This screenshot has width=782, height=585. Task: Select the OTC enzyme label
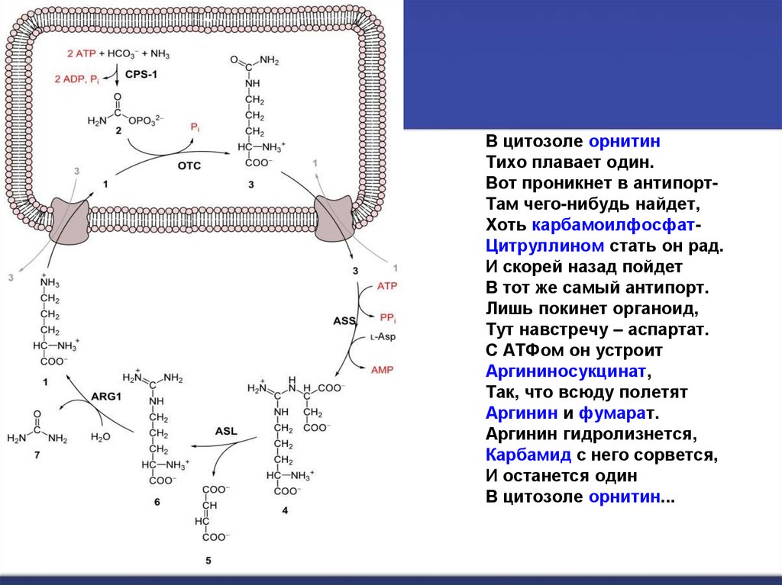click(x=189, y=166)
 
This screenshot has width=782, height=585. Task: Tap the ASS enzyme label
click(x=345, y=321)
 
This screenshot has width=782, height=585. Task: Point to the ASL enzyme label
click(x=226, y=431)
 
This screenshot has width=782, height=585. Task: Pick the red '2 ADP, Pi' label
click(x=76, y=79)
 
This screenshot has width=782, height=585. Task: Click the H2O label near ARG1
click(x=100, y=437)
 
